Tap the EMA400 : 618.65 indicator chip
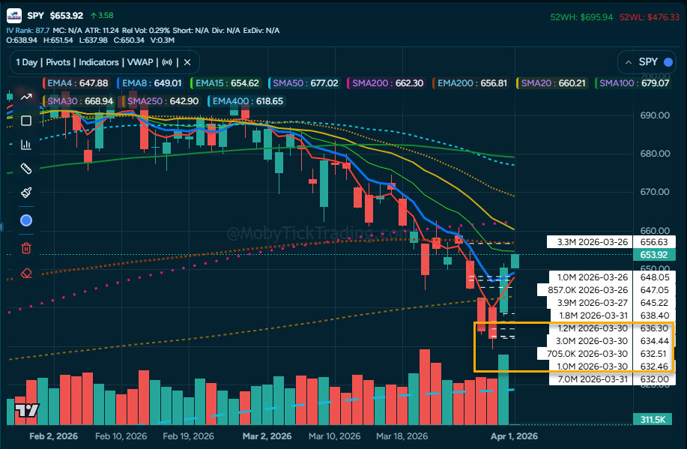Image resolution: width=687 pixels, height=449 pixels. (x=246, y=100)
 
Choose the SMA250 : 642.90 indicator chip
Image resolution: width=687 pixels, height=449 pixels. (x=163, y=100)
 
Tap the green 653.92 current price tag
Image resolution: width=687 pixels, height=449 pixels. (x=654, y=255)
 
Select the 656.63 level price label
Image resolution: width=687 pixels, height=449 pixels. (x=655, y=241)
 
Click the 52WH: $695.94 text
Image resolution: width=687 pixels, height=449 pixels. (x=581, y=16)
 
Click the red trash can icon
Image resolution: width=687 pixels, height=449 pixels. (x=26, y=247)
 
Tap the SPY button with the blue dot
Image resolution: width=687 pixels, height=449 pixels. (x=646, y=62)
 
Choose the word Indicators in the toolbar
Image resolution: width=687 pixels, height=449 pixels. (x=99, y=62)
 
